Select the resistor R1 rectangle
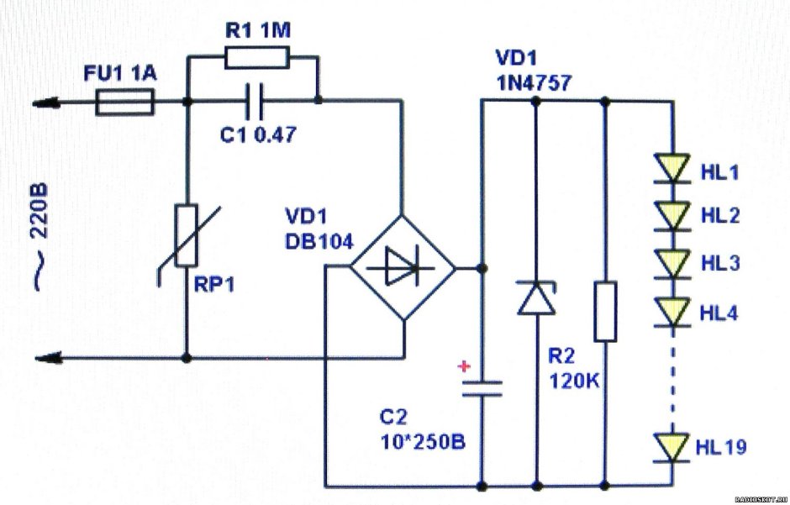(257, 57)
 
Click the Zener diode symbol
(535, 298)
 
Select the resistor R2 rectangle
(606, 312)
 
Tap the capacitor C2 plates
(482, 387)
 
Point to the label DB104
(317, 240)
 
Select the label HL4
(719, 313)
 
